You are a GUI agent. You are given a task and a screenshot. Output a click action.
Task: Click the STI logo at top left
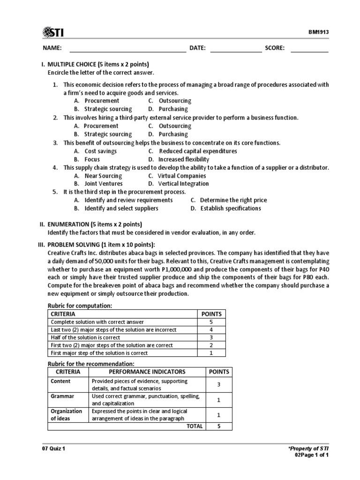(x=53, y=32)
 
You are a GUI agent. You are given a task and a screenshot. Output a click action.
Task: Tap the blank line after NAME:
(x=127, y=48)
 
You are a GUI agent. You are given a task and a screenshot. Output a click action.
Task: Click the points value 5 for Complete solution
(x=211, y=322)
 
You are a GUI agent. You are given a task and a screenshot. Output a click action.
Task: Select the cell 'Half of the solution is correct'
(x=85, y=337)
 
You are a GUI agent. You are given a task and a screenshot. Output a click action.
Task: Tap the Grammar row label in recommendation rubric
(x=60, y=396)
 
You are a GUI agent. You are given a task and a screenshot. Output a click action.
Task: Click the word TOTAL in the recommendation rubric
(x=195, y=426)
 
